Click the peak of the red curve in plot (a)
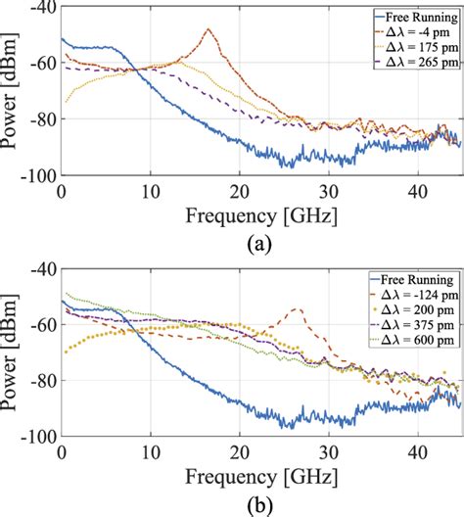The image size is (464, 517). tap(209, 29)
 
